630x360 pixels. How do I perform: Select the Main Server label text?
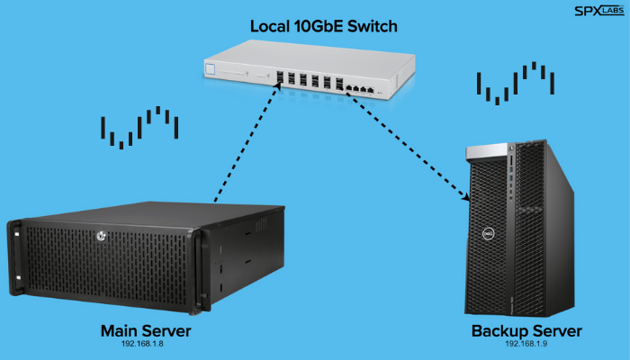coord(146,331)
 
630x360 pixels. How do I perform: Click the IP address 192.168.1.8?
coord(146,344)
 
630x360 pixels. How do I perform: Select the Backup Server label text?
coord(526,331)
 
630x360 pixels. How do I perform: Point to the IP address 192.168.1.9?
coord(526,344)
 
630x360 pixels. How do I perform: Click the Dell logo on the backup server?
coord(481,233)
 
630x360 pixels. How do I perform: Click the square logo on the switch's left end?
coord(212,69)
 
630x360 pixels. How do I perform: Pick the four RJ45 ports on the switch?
coord(364,88)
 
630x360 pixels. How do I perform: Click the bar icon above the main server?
coord(139,127)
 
